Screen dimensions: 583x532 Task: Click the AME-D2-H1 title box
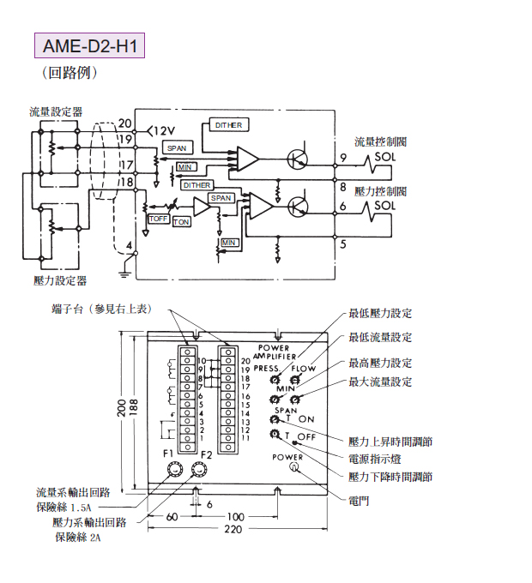(89, 44)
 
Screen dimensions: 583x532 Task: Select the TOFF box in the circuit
(159, 219)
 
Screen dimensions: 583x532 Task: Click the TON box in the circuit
(182, 222)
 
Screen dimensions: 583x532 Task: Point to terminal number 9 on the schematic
(342, 157)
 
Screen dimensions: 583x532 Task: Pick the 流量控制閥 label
(380, 141)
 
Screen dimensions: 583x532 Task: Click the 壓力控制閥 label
(380, 190)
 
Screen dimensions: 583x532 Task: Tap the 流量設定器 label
(56, 111)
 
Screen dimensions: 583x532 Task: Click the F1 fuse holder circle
(175, 469)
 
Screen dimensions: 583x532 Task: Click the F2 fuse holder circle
(201, 469)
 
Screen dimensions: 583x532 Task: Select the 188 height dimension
(133, 408)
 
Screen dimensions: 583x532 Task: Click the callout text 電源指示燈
(376, 460)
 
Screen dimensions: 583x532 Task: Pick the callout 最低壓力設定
(380, 314)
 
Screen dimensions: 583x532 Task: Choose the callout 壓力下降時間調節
(390, 477)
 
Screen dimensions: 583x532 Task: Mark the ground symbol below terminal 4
(126, 274)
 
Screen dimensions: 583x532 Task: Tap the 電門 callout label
(360, 500)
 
